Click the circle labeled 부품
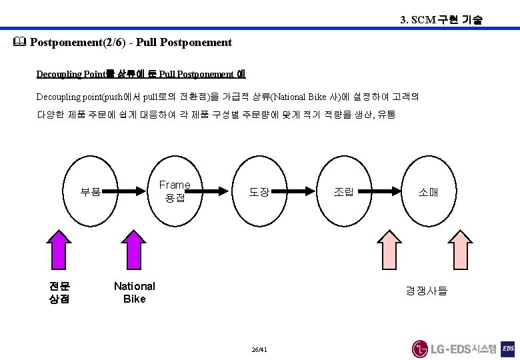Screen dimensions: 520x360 91,192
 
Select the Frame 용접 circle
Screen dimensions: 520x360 175,191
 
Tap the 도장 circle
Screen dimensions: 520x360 259,192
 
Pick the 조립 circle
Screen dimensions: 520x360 343,192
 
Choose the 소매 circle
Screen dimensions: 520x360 427,192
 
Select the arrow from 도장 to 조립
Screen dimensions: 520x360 301,192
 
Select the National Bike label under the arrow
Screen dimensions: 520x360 134,292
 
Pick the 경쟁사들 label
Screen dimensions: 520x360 427,291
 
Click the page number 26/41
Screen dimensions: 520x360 260,350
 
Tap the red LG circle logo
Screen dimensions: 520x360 420,349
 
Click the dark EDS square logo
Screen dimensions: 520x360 508,349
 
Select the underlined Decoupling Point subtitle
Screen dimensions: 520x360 141,74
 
